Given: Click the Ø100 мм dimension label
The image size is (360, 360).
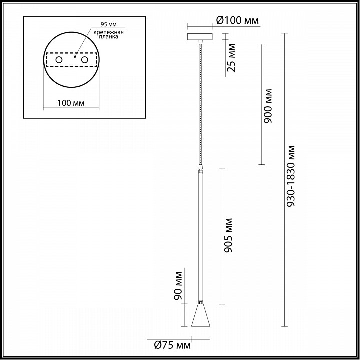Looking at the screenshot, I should coord(238,20).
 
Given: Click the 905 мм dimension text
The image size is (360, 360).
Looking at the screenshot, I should coord(228,235).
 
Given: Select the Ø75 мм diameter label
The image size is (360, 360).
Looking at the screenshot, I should coord(169,345).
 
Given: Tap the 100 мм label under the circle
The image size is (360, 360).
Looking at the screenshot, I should coord(71,103).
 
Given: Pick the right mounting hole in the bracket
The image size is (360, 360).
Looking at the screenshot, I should coord(85,60).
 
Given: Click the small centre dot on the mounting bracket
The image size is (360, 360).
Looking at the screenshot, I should coord(74,57).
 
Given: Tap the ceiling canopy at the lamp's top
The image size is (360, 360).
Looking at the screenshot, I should coord(200,37).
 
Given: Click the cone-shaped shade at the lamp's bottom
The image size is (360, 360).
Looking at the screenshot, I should coord(200,316).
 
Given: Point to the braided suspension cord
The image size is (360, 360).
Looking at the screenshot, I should coord(200,100).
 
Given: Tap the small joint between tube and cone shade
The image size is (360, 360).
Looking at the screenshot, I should coord(200,303).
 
